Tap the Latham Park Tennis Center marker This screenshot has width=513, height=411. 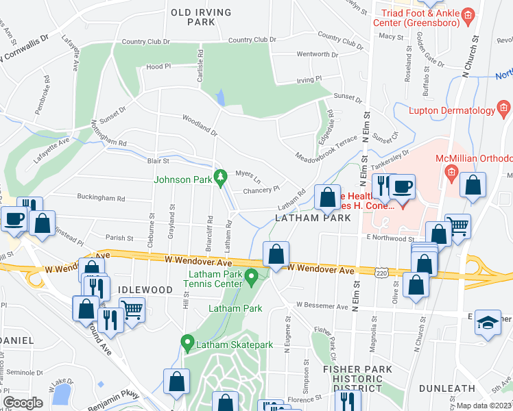pos(252,277)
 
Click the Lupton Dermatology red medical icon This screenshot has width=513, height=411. pos(504,109)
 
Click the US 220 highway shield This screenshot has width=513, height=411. pos(382,273)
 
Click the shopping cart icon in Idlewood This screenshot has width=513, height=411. pos(132,309)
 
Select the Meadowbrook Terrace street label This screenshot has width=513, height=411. pos(326,148)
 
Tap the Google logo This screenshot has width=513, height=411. pos(23,403)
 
